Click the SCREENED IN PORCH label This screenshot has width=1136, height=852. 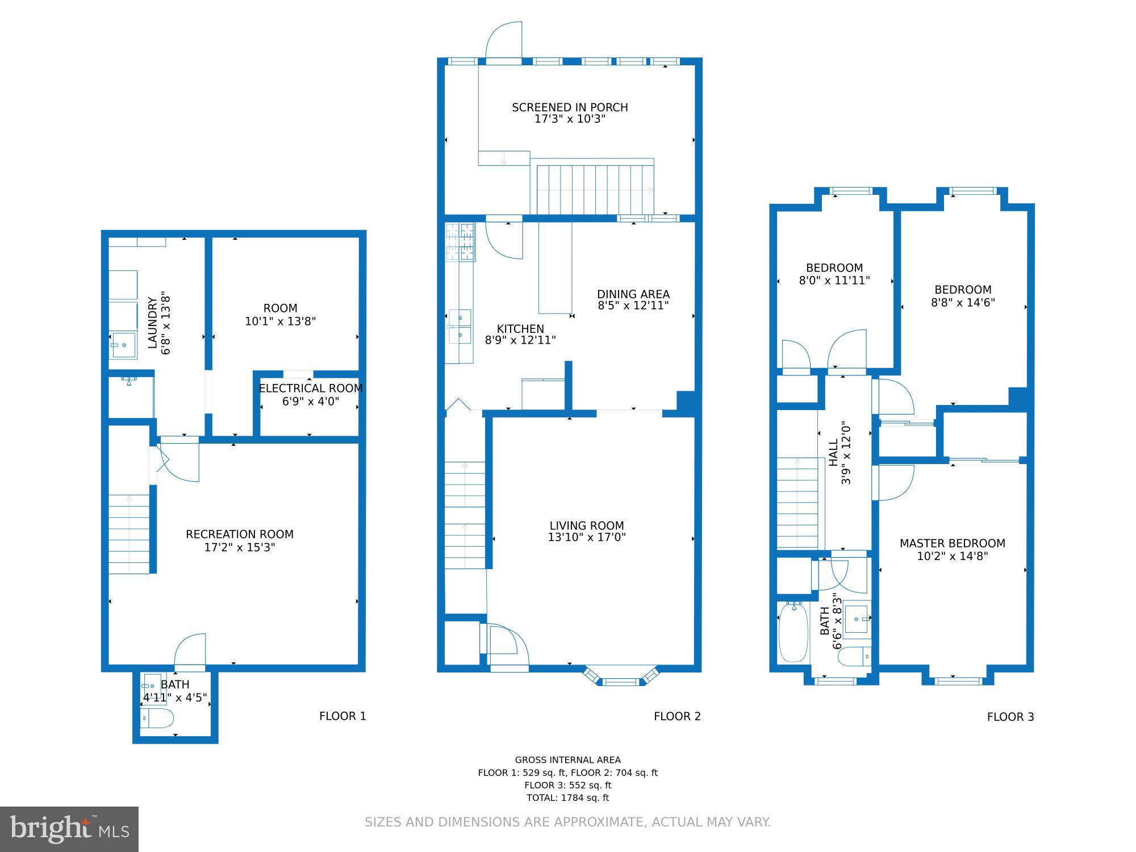(x=570, y=107)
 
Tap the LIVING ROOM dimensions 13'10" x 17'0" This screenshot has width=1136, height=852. (x=587, y=537)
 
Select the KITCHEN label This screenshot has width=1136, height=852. (x=520, y=329)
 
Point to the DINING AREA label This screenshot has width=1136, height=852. (x=633, y=294)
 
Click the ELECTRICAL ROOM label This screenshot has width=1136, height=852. (x=311, y=389)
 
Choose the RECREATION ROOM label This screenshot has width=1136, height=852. (x=240, y=534)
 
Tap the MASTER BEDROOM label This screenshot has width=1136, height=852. (x=953, y=544)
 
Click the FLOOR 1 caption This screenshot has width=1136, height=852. (x=343, y=716)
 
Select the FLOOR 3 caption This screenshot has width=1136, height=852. (x=1010, y=717)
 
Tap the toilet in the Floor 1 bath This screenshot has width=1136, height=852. (x=157, y=719)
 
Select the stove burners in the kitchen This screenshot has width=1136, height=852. (x=460, y=242)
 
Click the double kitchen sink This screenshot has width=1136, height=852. (x=460, y=327)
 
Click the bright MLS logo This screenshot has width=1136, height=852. (x=69, y=829)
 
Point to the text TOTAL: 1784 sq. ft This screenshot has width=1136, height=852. (x=567, y=798)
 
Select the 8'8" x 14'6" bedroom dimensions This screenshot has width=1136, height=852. (x=963, y=303)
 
